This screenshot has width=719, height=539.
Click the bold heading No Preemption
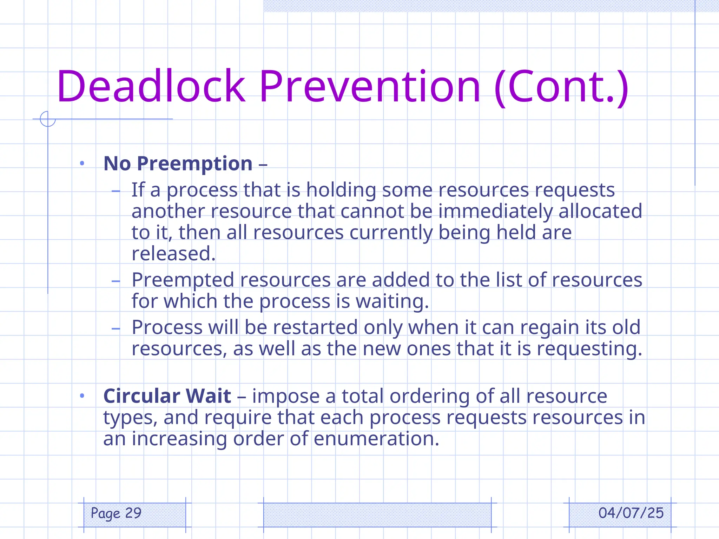[x=178, y=164]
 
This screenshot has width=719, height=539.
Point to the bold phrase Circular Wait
[x=167, y=396]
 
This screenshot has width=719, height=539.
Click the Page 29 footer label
[x=116, y=513]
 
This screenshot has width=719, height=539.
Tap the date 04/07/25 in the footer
[x=631, y=513]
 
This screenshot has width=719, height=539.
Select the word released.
[x=173, y=254]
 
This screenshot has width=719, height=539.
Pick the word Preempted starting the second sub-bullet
[x=183, y=280]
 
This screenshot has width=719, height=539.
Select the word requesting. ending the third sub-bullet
[x=589, y=349]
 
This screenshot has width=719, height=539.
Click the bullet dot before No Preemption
[x=82, y=163]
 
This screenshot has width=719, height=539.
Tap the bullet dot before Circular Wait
[x=82, y=396]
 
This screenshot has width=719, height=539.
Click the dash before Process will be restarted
[x=116, y=328]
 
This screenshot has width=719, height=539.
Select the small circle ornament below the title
[x=48, y=119]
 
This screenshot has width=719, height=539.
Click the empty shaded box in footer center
[x=377, y=514]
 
